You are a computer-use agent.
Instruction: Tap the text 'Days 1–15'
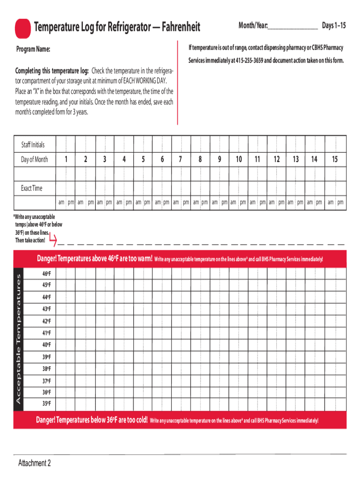click(x=334, y=26)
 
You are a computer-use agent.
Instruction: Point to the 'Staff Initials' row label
click(x=33, y=145)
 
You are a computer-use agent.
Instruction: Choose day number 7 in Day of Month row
click(x=180, y=160)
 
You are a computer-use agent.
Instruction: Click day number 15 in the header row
click(x=335, y=160)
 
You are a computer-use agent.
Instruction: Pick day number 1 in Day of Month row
click(x=66, y=160)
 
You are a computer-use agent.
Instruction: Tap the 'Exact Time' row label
click(x=31, y=188)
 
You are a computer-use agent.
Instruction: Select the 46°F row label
click(x=46, y=273)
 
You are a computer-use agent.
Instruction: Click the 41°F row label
click(x=46, y=333)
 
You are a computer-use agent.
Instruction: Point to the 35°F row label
click(x=46, y=403)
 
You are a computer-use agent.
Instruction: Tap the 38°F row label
click(x=46, y=369)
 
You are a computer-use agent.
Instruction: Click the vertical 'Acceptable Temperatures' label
click(x=19, y=339)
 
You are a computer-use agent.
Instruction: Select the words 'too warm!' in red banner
click(x=137, y=259)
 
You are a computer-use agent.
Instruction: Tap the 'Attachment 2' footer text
click(x=34, y=463)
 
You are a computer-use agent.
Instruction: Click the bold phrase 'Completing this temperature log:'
click(x=52, y=71)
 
